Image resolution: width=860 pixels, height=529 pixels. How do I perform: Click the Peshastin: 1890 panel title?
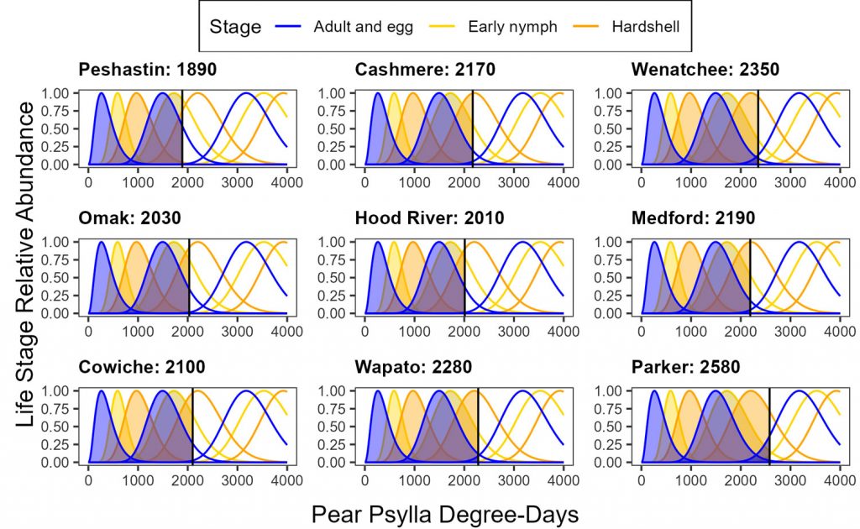click(x=147, y=70)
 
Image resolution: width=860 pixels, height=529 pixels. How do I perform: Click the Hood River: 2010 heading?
click(x=429, y=218)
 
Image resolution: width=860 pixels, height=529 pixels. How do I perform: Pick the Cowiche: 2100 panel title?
click(x=141, y=367)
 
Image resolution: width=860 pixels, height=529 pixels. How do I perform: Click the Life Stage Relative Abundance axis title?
click(x=28, y=277)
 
